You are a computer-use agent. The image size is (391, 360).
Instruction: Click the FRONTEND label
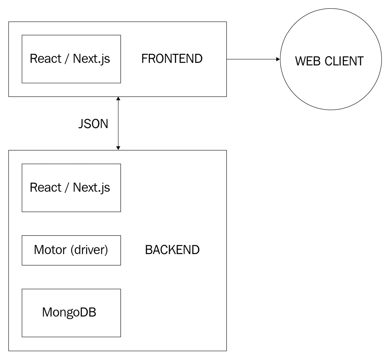(172, 59)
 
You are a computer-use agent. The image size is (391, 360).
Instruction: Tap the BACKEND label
(172, 250)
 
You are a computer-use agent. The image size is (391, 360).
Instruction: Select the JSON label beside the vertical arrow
(93, 124)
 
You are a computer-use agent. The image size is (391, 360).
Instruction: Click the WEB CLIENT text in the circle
(329, 61)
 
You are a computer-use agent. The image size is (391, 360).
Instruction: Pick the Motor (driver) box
(71, 250)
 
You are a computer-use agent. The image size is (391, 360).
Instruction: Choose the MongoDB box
(71, 313)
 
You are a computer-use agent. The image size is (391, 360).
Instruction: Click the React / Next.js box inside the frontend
(71, 59)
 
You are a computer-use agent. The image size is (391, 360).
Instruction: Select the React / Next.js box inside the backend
(71, 188)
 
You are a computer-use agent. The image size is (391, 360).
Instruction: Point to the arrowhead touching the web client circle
(278, 59)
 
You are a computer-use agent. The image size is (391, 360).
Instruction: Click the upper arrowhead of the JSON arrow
(118, 99)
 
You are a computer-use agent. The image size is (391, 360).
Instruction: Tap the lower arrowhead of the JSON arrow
(118, 148)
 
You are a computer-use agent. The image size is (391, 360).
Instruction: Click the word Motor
(50, 250)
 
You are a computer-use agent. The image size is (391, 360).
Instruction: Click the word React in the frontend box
(45, 59)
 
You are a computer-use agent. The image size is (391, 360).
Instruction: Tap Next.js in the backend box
(91, 188)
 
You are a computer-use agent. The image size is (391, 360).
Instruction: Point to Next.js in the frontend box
(91, 59)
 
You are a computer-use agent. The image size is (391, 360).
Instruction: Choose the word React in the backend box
(45, 188)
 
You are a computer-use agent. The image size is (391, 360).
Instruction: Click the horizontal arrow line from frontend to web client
(252, 59)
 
